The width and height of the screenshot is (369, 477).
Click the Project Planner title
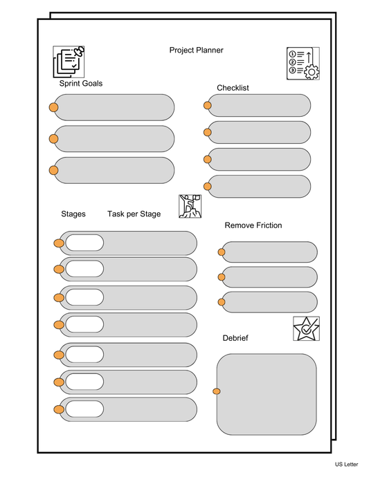196,50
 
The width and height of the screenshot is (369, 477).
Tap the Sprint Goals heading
81,84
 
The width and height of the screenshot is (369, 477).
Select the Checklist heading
233,88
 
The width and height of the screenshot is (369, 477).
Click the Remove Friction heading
253,225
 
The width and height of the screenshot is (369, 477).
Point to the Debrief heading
235,338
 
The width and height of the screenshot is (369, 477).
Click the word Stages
73,214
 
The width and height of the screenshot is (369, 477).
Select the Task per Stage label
134,214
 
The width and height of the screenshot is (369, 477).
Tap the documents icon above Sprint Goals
69,62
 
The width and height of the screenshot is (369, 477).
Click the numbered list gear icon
303,64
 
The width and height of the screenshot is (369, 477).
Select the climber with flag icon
189,206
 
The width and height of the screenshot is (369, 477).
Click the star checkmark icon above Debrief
306,328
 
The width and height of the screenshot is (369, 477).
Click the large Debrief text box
267,393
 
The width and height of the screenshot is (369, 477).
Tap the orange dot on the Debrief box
217,392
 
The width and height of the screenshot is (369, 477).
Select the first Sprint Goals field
114,107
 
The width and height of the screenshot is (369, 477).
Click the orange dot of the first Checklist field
207,106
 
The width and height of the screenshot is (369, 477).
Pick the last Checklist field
259,186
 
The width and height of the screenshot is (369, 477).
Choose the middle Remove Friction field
269,277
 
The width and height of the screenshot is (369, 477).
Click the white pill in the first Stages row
84,243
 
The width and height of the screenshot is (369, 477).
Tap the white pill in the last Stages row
84,409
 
